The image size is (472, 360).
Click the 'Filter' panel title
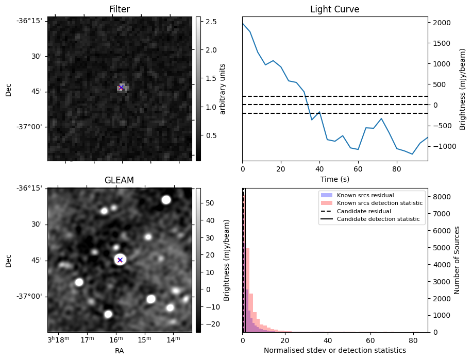120,9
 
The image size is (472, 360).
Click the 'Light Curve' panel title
334,9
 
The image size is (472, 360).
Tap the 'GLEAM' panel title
120,180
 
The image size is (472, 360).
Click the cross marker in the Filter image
121,88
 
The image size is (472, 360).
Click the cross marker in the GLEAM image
120,260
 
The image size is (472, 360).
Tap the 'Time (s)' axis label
334,178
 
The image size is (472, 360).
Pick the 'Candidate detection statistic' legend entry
378,219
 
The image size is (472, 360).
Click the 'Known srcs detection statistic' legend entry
379,203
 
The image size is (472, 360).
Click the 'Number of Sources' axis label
457,260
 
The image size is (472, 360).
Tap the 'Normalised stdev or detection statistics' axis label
334,350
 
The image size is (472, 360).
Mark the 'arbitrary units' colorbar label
223,89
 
